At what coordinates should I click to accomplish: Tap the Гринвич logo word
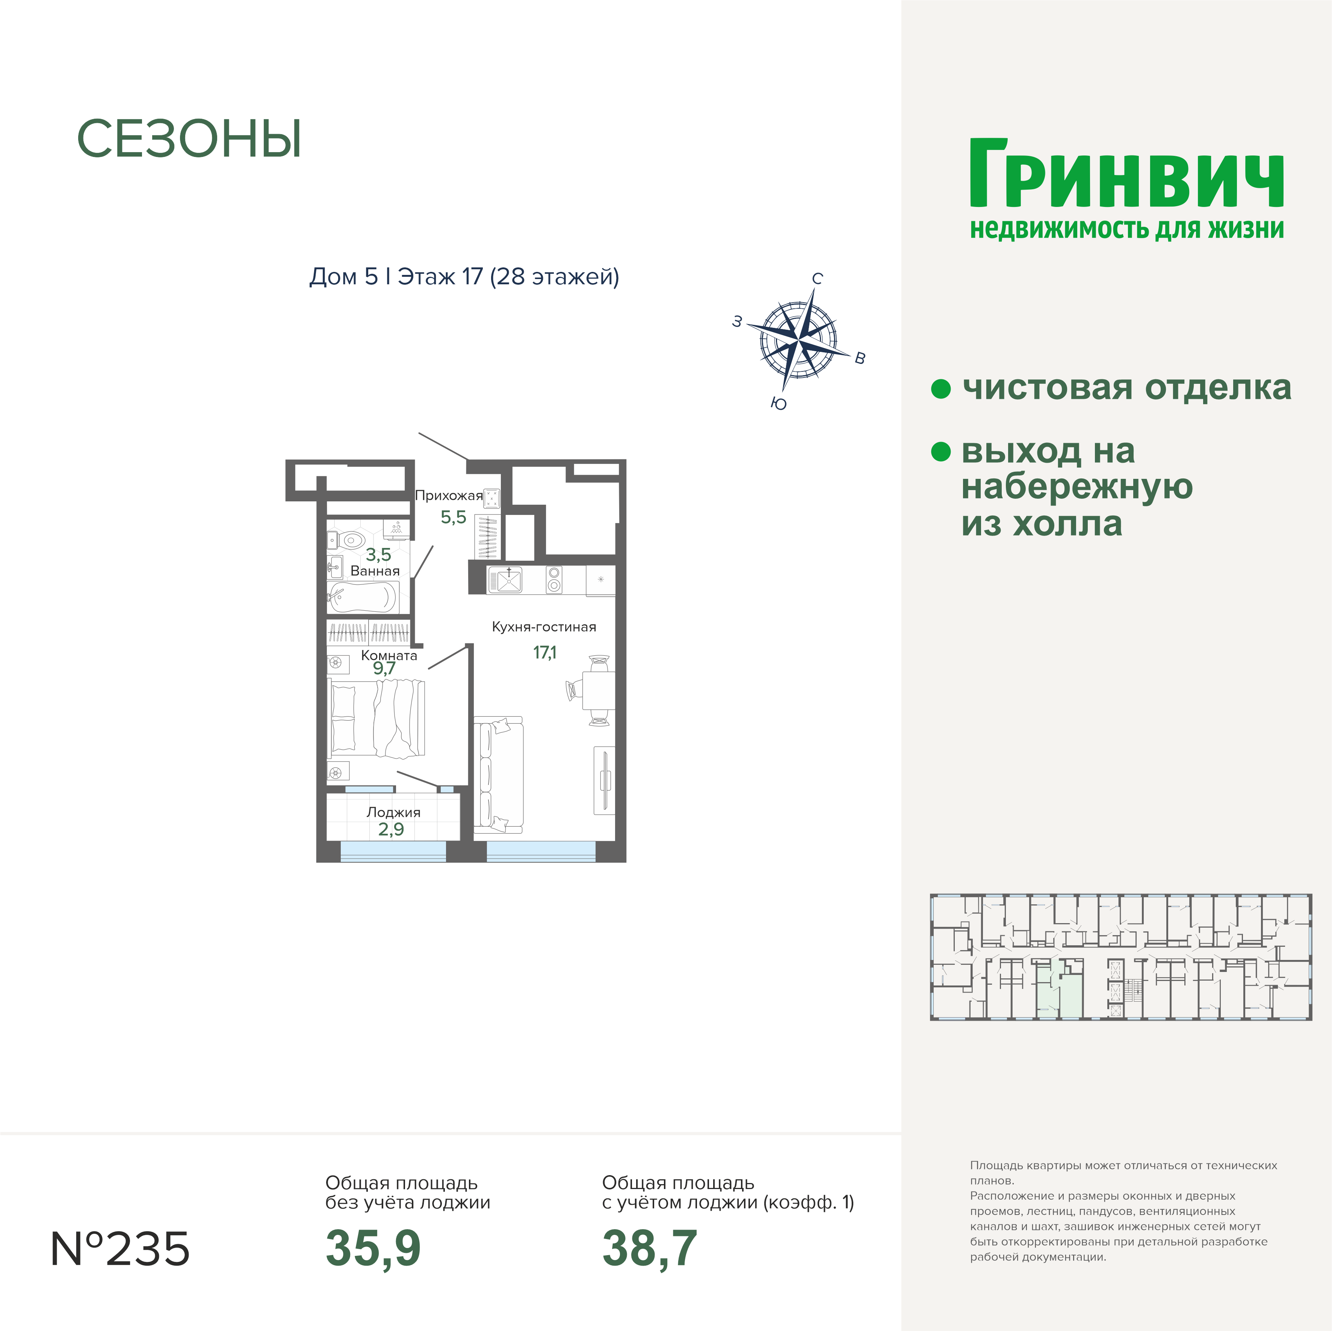tap(1126, 174)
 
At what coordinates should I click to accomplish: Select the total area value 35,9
tap(373, 1248)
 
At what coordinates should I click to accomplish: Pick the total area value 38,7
tap(649, 1248)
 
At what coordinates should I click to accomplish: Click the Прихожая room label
tap(449, 496)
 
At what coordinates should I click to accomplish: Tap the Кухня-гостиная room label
tap(544, 626)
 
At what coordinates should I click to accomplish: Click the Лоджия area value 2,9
tap(391, 829)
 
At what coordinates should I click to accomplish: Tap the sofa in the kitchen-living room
tap(499, 776)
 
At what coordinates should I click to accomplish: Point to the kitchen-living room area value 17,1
tap(545, 652)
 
